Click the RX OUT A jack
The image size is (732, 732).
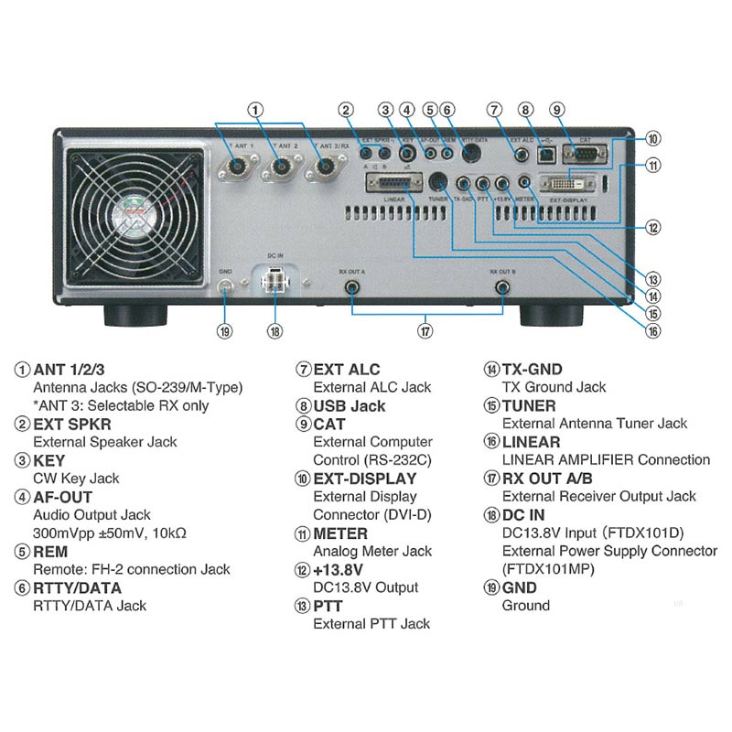tap(350, 288)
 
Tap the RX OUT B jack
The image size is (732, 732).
tap(502, 288)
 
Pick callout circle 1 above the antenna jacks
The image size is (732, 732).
tap(256, 110)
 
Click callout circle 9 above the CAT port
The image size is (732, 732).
tap(556, 111)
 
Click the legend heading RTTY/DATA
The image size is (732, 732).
tap(77, 587)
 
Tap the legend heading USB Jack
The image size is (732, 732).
tap(350, 405)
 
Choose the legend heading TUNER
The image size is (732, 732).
tap(529, 405)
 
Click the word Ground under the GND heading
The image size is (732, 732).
tap(526, 606)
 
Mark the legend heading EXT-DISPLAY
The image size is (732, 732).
tap(364, 479)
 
